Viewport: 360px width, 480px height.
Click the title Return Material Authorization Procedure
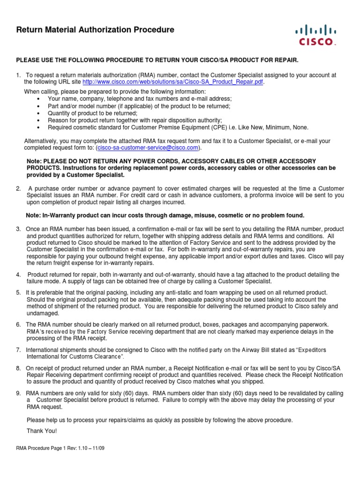[95, 30]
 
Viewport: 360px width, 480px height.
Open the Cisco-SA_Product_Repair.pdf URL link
[173, 82]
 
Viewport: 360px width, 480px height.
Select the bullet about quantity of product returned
[92, 113]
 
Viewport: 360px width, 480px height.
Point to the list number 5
[18, 292]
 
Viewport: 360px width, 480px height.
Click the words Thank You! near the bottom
[42, 431]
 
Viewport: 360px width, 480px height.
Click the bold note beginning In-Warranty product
[165, 215]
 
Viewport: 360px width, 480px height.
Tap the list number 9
[18, 393]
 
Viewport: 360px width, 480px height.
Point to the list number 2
[18, 188]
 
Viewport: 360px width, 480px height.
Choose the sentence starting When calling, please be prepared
[115, 91]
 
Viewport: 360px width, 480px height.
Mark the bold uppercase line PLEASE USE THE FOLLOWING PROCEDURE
[157, 60]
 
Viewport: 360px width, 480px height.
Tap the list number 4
[18, 274]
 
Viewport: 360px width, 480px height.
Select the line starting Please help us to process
[159, 420]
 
